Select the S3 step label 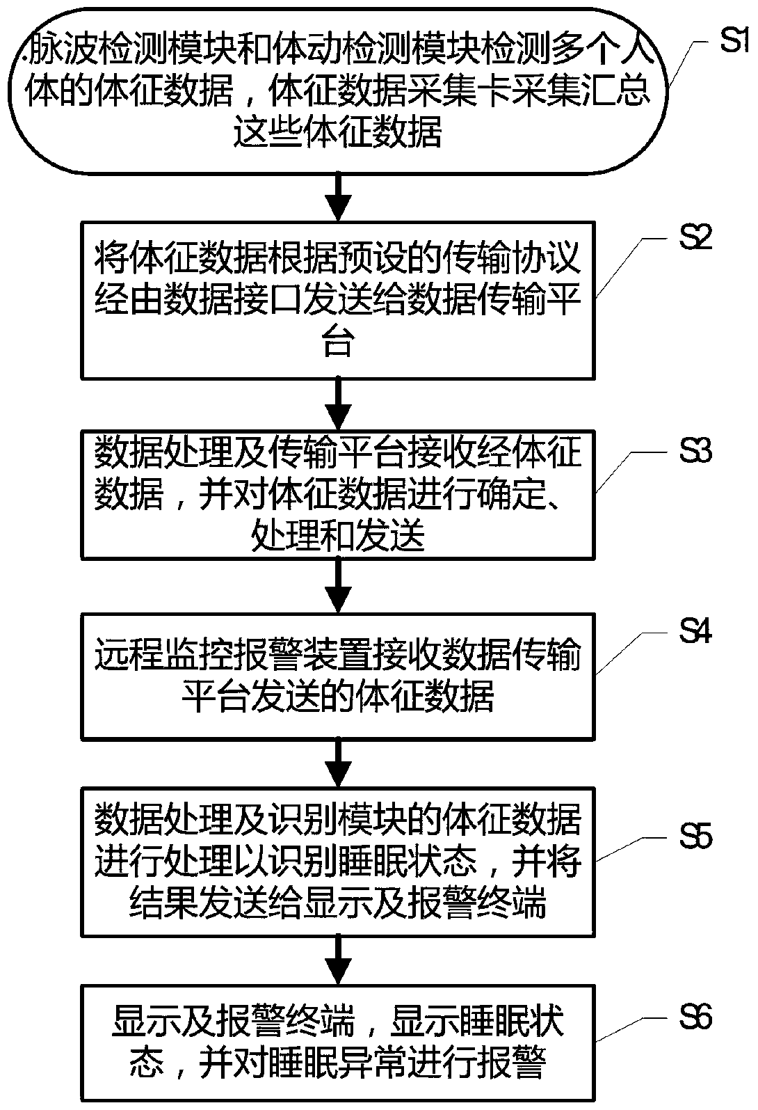[x=695, y=451]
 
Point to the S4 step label [x=695, y=631]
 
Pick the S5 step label [x=695, y=836]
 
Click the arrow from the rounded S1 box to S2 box [x=338, y=198]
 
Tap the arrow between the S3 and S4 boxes [x=338, y=586]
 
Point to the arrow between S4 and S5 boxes [x=338, y=764]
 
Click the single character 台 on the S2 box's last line [x=338, y=343]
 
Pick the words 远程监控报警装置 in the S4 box [x=215, y=655]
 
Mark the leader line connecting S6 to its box [x=629, y=1031]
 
